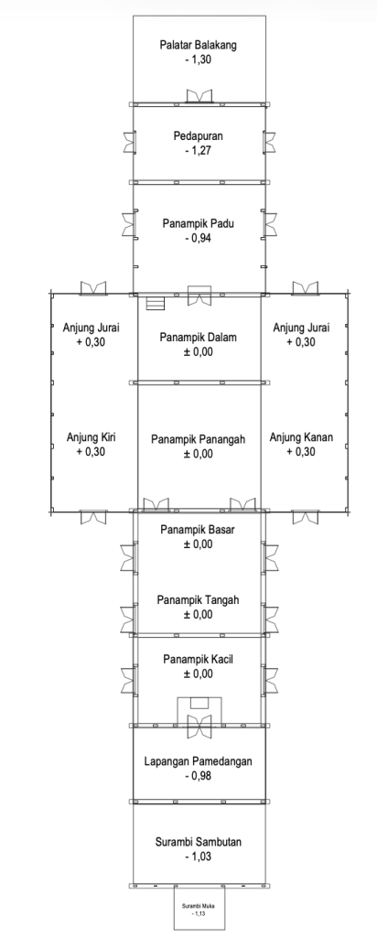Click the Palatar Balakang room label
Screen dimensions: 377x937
[199, 45]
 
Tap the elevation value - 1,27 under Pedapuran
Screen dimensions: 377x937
[199, 151]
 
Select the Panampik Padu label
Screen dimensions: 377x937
[198, 223]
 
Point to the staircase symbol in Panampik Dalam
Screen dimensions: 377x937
[156, 304]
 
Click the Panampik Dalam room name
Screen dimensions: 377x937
[198, 337]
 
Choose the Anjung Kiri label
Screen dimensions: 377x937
[91, 437]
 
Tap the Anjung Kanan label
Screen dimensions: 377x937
[301, 437]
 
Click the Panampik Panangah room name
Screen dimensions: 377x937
[198, 439]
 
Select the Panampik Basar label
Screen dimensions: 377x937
[198, 530]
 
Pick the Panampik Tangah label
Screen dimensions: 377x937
[198, 599]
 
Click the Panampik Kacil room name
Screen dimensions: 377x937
[198, 659]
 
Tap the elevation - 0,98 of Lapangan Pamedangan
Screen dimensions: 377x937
[199, 776]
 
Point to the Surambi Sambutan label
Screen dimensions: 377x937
[199, 842]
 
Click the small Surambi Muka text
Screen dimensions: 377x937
[199, 906]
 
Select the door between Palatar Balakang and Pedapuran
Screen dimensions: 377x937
[199, 96]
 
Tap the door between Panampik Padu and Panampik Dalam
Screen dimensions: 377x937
[199, 296]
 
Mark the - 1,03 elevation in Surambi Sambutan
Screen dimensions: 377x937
[199, 856]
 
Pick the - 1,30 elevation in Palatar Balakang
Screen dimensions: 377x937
[199, 59]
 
